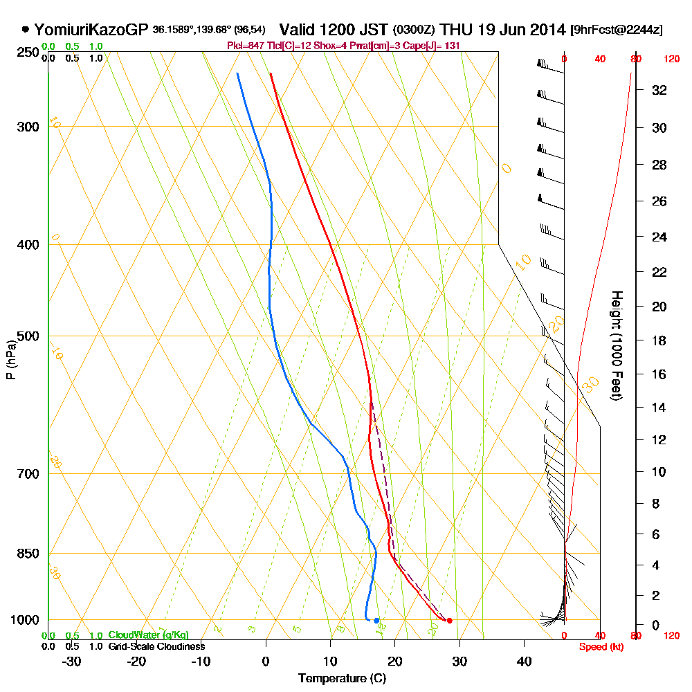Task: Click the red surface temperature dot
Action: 449,620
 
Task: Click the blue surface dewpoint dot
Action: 376,620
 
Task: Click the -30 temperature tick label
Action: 72,661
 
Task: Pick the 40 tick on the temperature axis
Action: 524,661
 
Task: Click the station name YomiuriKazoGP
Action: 91,30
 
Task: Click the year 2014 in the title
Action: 547,30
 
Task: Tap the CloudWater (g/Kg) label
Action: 148,635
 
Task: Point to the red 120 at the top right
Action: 671,60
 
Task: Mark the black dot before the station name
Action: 26,30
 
